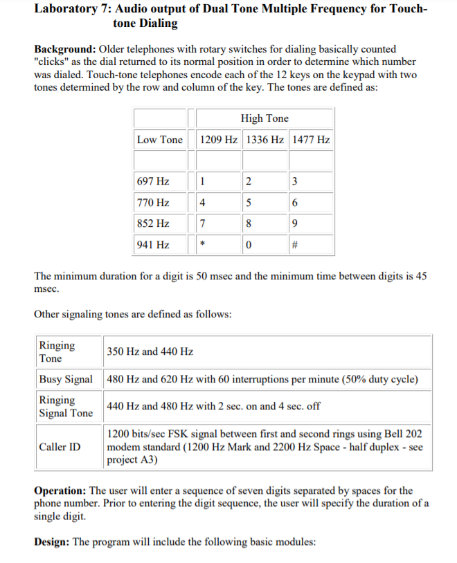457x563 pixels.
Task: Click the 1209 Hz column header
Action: (x=219, y=140)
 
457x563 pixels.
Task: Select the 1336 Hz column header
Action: (x=265, y=140)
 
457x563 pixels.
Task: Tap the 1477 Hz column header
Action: (x=312, y=140)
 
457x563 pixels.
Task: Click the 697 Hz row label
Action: (x=153, y=182)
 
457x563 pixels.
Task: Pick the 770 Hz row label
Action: (x=153, y=203)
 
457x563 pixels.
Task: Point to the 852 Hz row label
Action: (x=153, y=224)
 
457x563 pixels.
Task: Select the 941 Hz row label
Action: (x=153, y=245)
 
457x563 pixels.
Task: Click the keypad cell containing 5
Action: (x=249, y=203)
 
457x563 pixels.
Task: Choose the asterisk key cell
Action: (x=202, y=245)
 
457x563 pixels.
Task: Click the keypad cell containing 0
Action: (x=249, y=245)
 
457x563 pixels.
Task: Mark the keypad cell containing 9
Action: (x=296, y=224)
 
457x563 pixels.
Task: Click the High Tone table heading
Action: (x=265, y=118)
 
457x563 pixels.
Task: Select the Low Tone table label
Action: (x=160, y=140)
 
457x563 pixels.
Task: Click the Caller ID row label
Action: (x=60, y=447)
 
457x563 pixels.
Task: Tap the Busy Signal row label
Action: (x=66, y=380)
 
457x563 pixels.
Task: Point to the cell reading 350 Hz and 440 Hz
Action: (x=149, y=351)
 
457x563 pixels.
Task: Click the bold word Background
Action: (x=66, y=50)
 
